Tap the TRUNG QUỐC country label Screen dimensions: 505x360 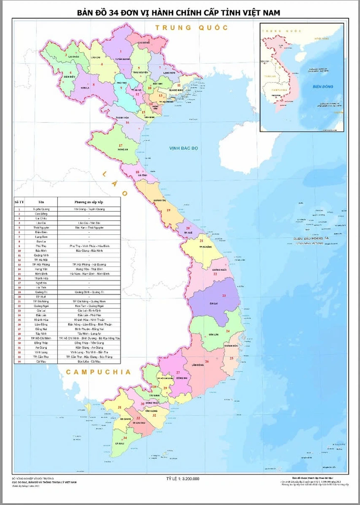192,28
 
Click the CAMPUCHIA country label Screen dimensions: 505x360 99,371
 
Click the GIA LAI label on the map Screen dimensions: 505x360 214,304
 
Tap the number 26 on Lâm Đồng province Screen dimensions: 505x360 207,361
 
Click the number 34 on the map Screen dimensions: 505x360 125,437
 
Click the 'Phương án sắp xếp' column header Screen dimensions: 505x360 89,202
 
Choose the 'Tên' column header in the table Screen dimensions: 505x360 41,202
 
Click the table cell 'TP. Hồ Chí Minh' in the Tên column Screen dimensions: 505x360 41,338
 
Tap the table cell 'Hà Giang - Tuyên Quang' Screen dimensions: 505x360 89,209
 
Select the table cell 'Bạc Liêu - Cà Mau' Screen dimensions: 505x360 89,361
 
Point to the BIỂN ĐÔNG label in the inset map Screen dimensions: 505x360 323,87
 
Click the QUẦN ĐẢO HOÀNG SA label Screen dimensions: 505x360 311,239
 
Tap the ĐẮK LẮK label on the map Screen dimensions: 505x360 214,334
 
